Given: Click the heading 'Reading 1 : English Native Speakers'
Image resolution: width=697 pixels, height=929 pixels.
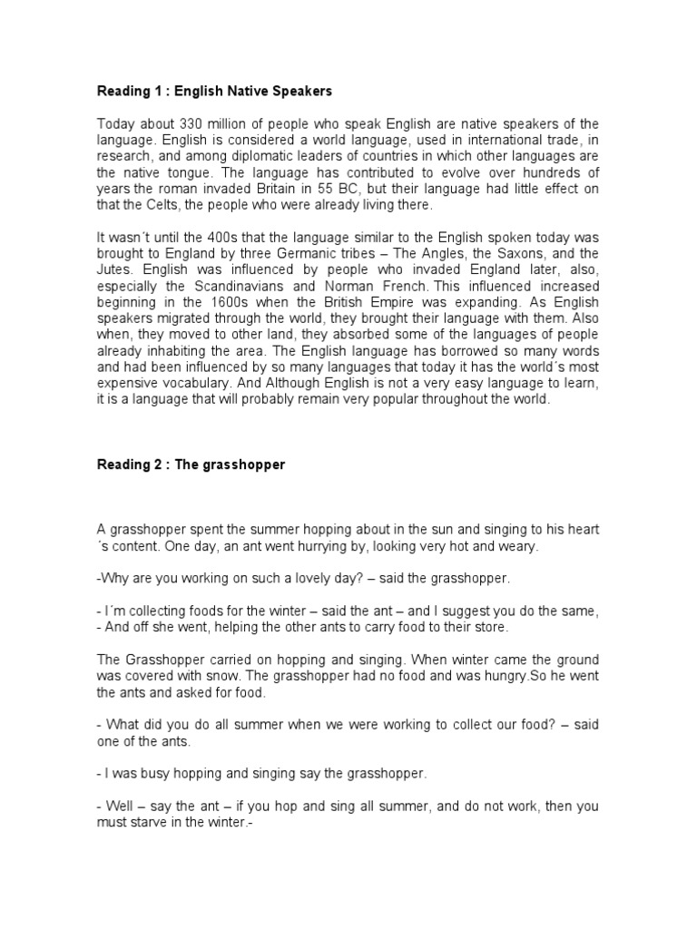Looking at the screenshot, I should tap(215, 91).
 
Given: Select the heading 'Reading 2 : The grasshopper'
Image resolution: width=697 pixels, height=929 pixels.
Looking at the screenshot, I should tap(191, 464).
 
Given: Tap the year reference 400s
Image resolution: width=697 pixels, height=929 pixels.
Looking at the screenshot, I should tap(188, 237).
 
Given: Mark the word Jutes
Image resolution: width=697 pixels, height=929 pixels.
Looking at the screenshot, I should tap(113, 269).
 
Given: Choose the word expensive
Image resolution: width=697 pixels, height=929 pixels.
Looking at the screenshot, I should tap(129, 384).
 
